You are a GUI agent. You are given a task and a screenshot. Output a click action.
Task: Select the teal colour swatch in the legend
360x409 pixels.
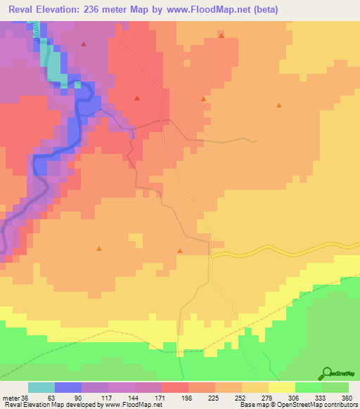tap(41, 387)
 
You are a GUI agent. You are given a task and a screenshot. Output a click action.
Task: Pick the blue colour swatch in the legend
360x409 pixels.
tap(68, 387)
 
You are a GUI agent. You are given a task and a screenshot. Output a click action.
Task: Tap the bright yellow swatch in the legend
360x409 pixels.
tap(282, 387)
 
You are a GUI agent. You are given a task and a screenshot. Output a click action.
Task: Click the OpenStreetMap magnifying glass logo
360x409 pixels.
tap(327, 372)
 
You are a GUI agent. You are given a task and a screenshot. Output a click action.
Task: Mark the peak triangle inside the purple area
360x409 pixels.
tap(84, 44)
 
